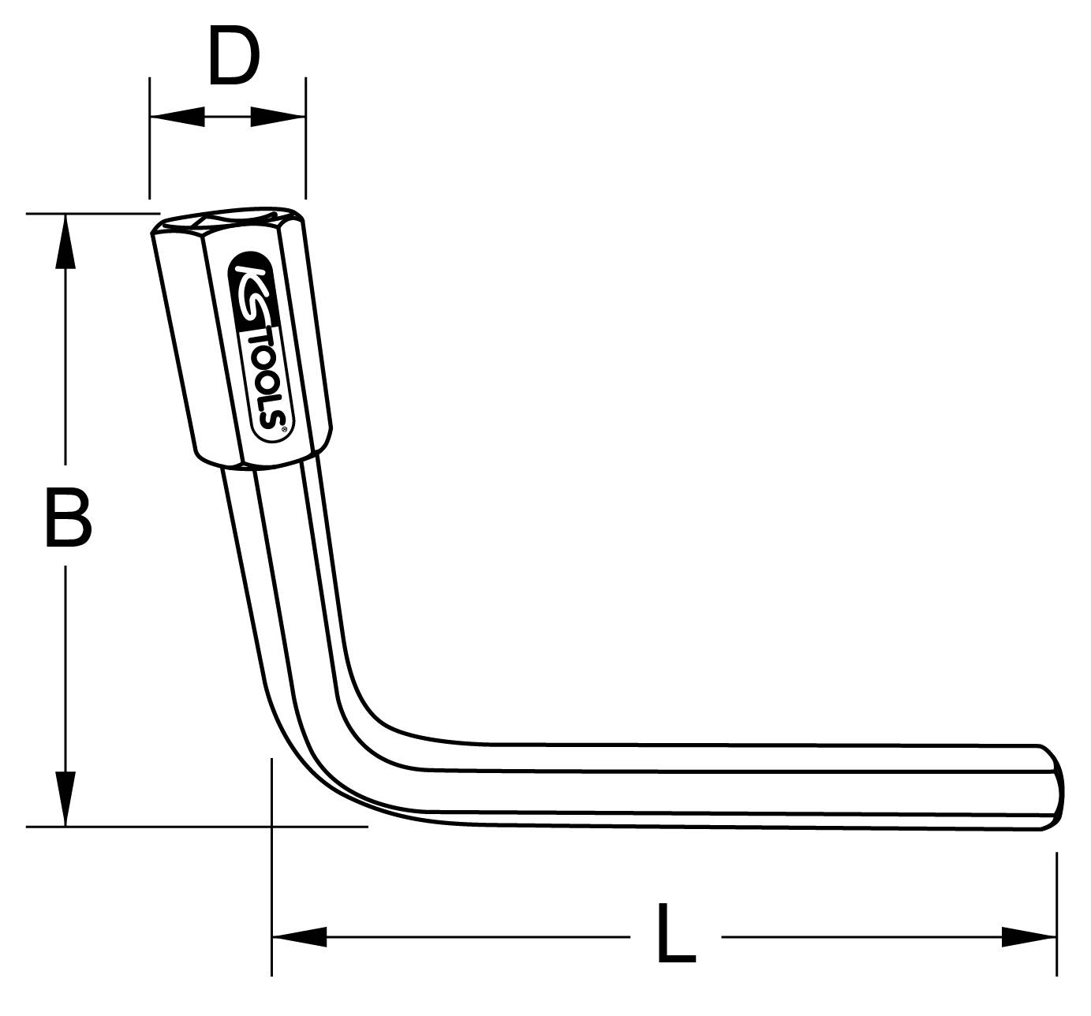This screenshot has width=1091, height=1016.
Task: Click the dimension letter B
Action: click(x=68, y=518)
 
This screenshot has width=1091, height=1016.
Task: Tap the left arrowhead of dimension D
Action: click(x=177, y=118)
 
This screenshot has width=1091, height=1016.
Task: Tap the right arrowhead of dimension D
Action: click(x=278, y=118)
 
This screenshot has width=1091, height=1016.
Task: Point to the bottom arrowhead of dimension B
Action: click(x=65, y=798)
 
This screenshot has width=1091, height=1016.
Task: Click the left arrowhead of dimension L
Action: click(x=300, y=937)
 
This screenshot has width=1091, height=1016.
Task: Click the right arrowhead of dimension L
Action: click(x=1028, y=937)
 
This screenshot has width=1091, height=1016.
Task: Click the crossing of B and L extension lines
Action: click(x=271, y=827)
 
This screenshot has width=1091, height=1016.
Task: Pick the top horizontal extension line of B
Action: click(x=87, y=214)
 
